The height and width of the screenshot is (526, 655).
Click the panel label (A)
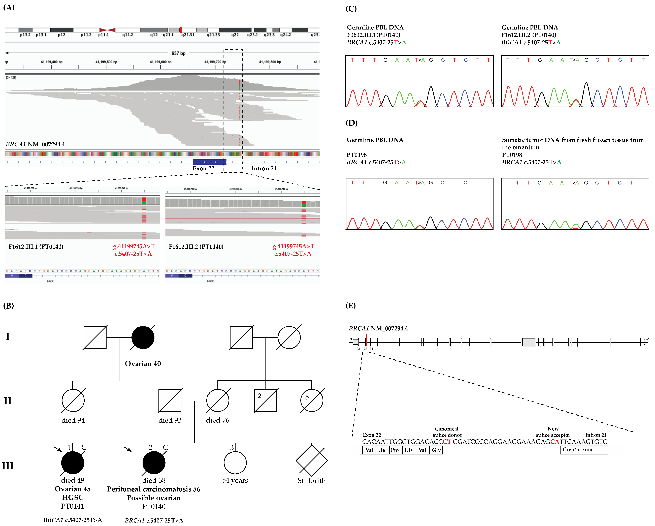9,7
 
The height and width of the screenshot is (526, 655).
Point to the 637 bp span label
178,53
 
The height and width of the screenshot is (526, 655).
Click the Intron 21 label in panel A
264,168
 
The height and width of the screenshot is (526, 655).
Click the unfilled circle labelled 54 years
235,462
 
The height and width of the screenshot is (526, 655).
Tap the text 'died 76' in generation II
217,420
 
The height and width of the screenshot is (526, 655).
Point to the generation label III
8,466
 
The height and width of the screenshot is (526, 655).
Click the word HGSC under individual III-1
73,498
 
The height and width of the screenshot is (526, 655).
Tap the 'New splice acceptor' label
553,432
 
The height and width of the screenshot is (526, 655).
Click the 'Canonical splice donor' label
447,432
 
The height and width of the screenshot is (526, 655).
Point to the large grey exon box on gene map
529,342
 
